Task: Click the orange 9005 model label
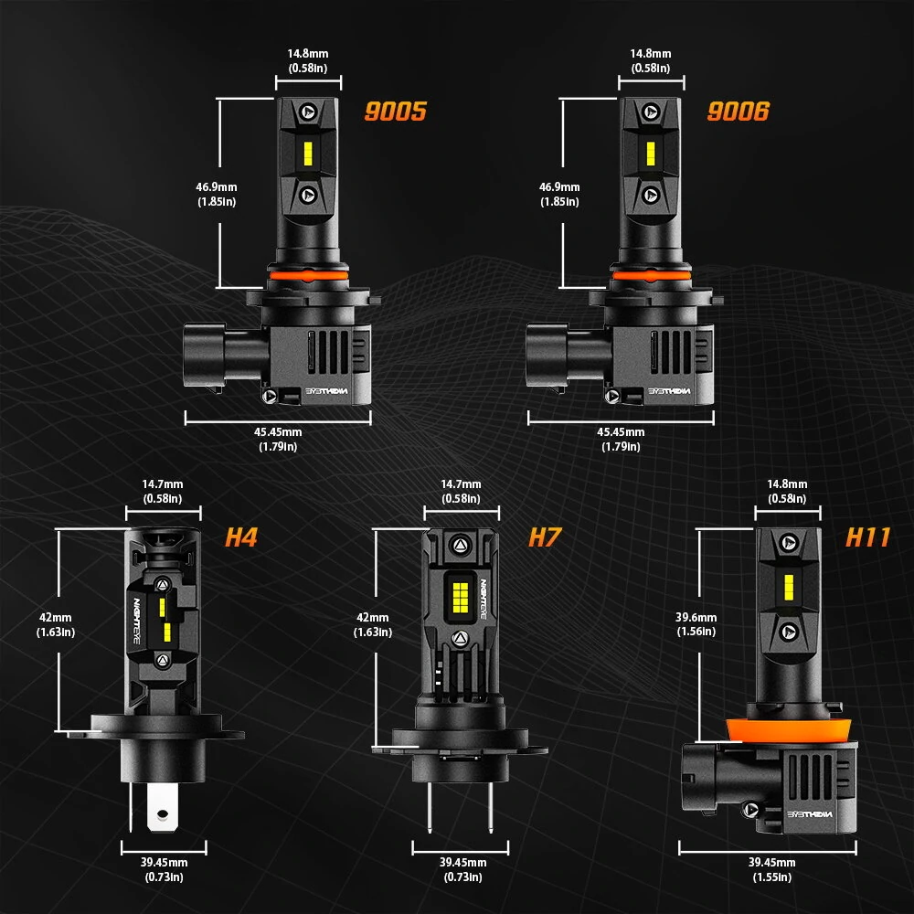[x=396, y=112]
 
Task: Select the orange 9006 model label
[x=738, y=112]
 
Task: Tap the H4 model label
[x=241, y=537]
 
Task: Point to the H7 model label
[x=544, y=537]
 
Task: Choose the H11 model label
[x=866, y=537]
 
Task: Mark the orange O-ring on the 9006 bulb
[x=650, y=273]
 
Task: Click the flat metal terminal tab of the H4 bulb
[x=160, y=809]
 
